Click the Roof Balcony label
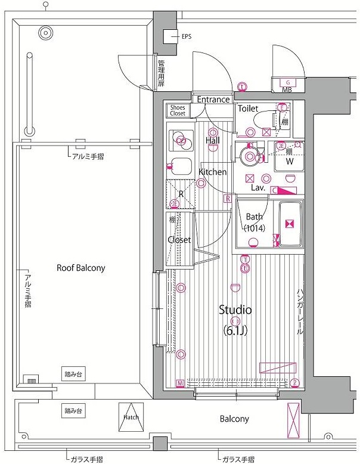click(x=80, y=268)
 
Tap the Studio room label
click(x=235, y=310)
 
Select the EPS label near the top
click(x=187, y=36)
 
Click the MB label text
click(x=287, y=90)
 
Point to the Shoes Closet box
click(x=178, y=110)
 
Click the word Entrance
click(x=213, y=100)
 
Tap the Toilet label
click(x=248, y=109)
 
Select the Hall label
click(x=213, y=140)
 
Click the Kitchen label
click(x=212, y=172)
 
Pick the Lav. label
click(x=257, y=187)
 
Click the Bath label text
click(x=255, y=216)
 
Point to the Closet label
click(x=179, y=240)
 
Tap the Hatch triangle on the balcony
click(x=131, y=417)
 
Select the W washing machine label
click(x=289, y=162)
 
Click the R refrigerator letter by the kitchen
click(x=181, y=193)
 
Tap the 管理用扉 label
click(x=161, y=73)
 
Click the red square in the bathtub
click(x=290, y=224)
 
